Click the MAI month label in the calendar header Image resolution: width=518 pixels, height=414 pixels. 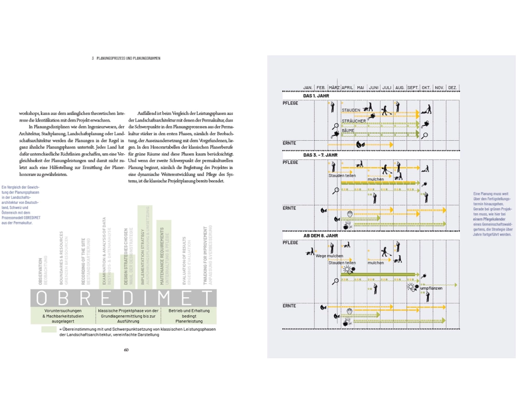361,88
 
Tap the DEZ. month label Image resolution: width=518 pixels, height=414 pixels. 452,88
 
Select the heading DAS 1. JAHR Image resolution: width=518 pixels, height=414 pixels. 316,96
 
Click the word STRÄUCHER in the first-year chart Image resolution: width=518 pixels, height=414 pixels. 354,121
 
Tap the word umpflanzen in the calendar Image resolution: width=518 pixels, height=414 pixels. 431,288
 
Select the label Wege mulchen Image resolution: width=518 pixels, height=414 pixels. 329,256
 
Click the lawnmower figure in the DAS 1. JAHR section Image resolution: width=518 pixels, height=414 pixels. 427,110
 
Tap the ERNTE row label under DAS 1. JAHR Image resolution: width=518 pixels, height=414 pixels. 290,143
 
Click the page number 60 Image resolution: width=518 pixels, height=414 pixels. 126,349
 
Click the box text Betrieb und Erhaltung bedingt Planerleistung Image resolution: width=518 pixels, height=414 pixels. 189,315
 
